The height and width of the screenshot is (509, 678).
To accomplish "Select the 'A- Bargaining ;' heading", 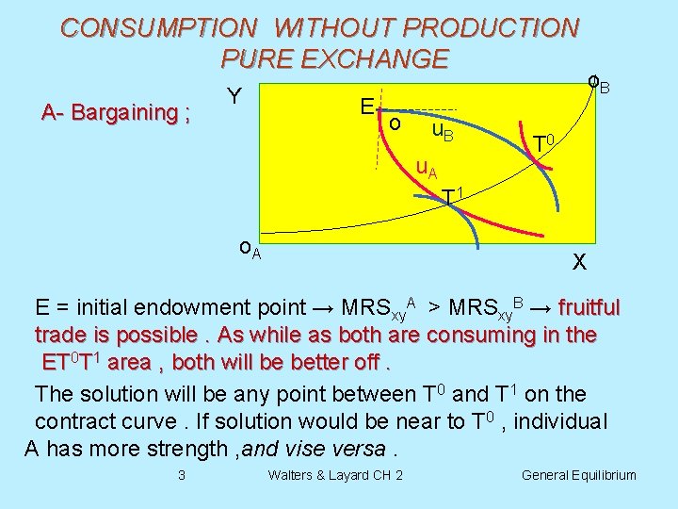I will point(116,113).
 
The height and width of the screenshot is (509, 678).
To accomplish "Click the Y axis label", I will point(235,97).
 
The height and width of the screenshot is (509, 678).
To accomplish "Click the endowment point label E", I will point(367,107).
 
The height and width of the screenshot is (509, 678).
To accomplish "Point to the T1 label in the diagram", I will point(452,196).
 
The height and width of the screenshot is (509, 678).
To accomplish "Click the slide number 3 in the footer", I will point(182,474).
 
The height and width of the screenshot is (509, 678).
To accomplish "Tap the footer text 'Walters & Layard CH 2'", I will point(335,474).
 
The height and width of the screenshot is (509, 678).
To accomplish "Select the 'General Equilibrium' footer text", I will point(579,475).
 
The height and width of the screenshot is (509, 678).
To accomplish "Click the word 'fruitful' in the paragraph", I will point(589,308).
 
